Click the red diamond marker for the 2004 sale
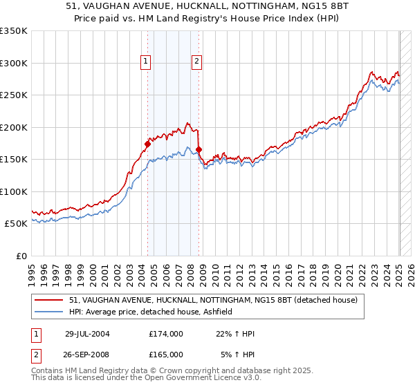pyautogui.click(x=147, y=144)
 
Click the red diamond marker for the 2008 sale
pyautogui.click(x=199, y=149)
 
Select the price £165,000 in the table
pyautogui.click(x=166, y=354)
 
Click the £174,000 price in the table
pyautogui.click(x=166, y=333)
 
